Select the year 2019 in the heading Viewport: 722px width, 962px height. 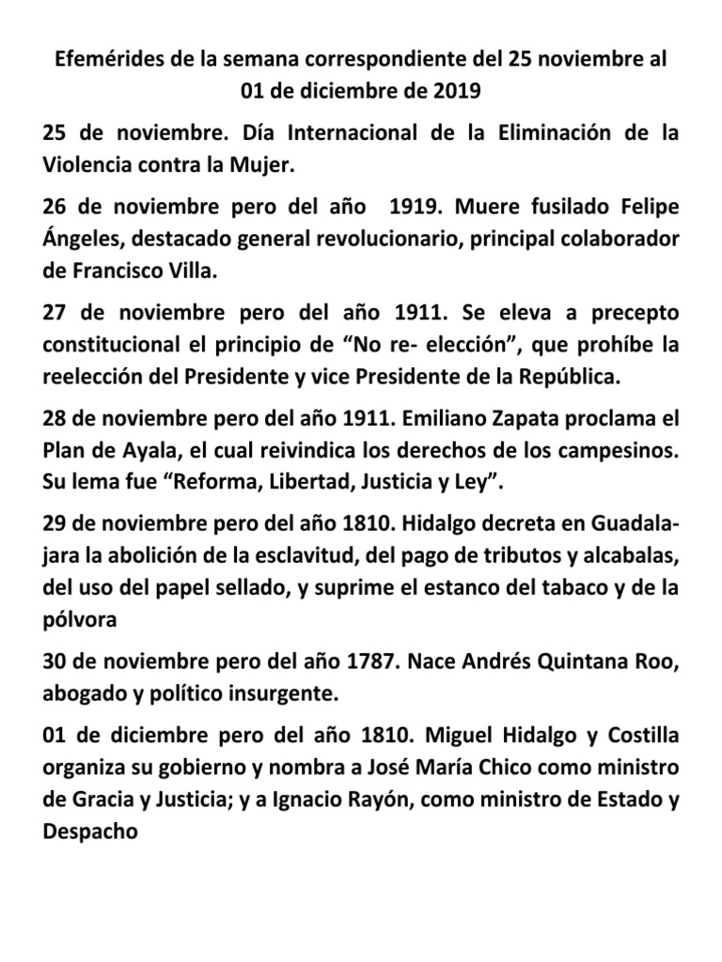(457, 92)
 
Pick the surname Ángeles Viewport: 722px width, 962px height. (83, 239)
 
